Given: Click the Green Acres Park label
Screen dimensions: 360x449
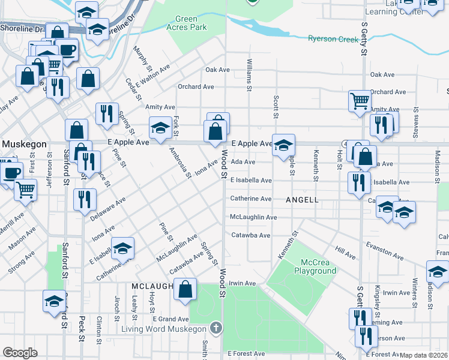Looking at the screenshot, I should pyautogui.click(x=191, y=23).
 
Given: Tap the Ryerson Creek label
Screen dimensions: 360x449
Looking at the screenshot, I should pyautogui.click(x=332, y=39).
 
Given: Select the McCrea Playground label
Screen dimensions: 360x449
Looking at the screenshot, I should pyautogui.click(x=315, y=266).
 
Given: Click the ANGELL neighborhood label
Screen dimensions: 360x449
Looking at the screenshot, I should pyautogui.click(x=302, y=199).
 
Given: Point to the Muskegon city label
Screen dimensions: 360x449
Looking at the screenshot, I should pyautogui.click(x=23, y=145).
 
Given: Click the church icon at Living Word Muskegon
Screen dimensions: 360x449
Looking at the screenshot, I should pyautogui.click(x=215, y=328).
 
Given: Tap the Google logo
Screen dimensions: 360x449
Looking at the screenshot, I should pyautogui.click(x=20, y=353).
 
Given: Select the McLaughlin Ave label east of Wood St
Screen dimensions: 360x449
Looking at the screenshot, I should pyautogui.click(x=254, y=217).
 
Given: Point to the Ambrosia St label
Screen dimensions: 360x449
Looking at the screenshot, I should pyautogui.click(x=179, y=163).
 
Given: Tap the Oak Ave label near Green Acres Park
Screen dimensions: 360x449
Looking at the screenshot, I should pyautogui.click(x=218, y=70).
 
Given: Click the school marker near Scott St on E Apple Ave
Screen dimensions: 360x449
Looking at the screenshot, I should pyautogui.click(x=283, y=145).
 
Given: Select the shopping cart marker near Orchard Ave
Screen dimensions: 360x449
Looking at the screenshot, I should pyautogui.click(x=360, y=100).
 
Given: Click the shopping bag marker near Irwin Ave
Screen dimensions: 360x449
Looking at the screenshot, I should pyautogui.click(x=185, y=288).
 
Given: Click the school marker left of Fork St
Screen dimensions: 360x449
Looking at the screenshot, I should pyautogui.click(x=160, y=128).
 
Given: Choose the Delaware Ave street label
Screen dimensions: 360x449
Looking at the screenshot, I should pyautogui.click(x=109, y=208).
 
